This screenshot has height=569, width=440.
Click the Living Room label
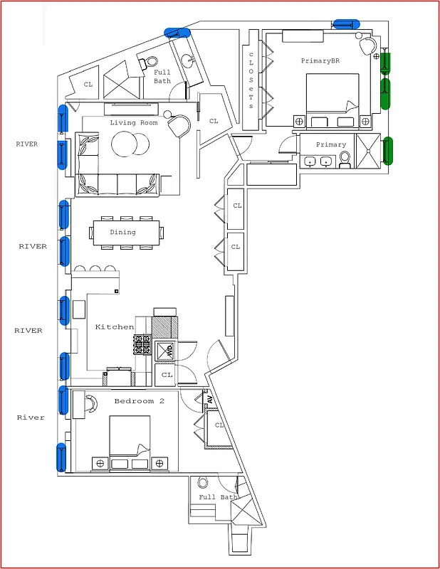pos(133,123)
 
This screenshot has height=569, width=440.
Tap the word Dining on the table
pos(122,233)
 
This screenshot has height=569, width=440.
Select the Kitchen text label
pos(115,327)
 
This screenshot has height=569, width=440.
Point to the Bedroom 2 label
pos(140,401)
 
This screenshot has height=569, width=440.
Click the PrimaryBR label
pos(320,61)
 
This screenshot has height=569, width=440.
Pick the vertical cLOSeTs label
pos(251,80)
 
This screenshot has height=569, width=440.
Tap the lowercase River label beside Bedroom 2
pos(31,418)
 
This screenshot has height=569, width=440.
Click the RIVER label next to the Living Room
pos(27,144)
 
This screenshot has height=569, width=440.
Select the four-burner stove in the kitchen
pos(141,346)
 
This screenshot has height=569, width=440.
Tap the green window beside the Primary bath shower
pos(388,151)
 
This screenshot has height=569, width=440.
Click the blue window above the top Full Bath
pos(177,32)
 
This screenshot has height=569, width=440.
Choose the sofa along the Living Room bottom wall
pos(117,184)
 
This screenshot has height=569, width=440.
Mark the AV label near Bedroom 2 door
pos(210,399)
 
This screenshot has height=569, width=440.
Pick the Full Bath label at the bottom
pos(218,497)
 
